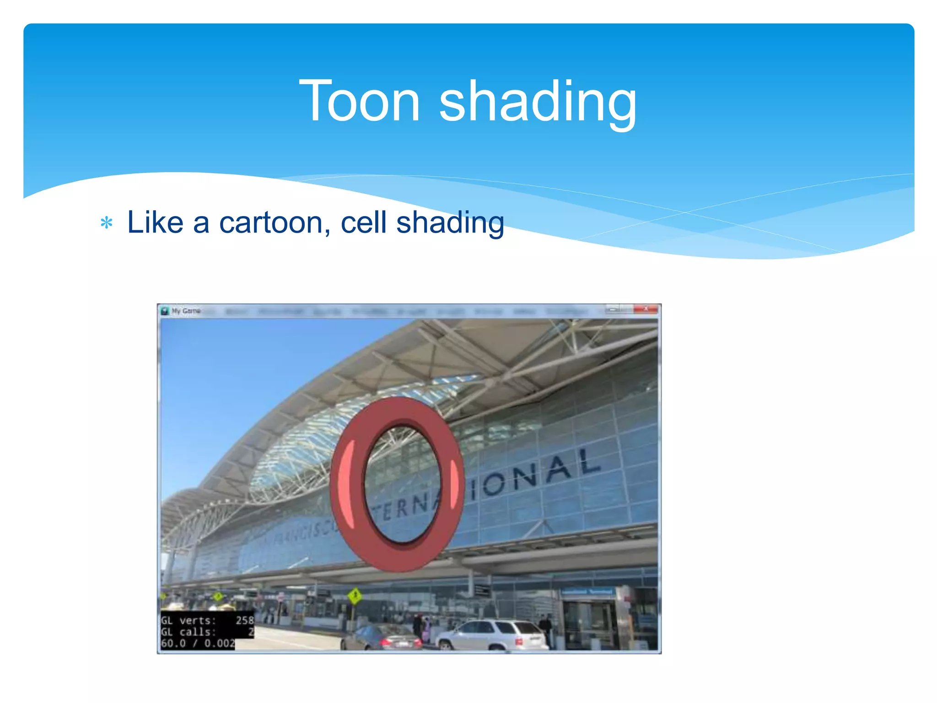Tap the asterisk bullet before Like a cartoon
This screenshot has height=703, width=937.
tap(107, 223)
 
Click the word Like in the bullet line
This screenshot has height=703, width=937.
tap(155, 223)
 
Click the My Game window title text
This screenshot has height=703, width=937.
tap(186, 311)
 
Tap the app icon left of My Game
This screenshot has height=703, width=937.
tap(165, 311)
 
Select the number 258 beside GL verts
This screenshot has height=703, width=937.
tap(245, 621)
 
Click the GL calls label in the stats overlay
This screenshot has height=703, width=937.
tap(188, 632)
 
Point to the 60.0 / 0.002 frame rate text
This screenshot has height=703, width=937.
tap(198, 644)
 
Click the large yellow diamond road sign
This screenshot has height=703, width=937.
tap(355, 595)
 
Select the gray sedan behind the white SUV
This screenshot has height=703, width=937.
tap(382, 638)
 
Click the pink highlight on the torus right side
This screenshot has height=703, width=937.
tap(454, 484)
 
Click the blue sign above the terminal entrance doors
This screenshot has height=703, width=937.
tap(587, 592)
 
